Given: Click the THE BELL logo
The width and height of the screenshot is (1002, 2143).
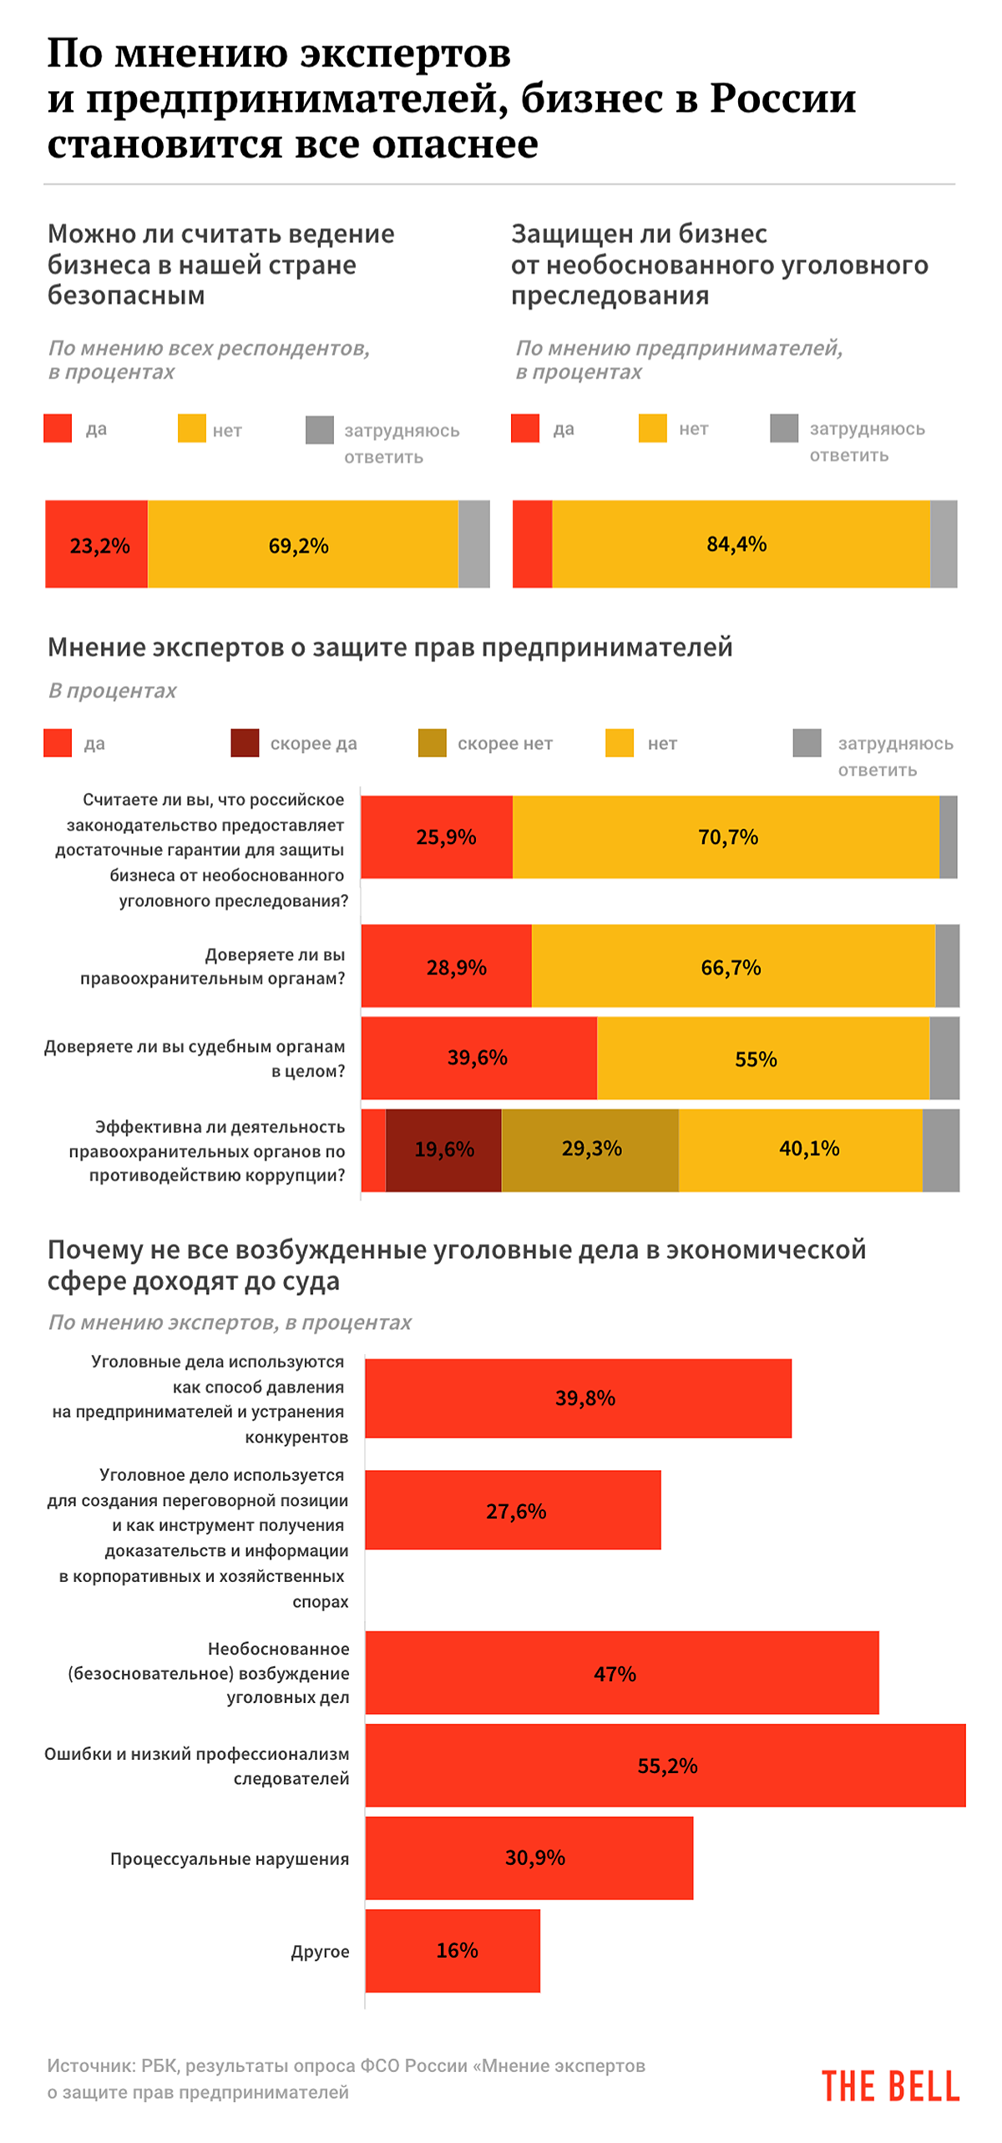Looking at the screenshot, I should tap(890, 2086).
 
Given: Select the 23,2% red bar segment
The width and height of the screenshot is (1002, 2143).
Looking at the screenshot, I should tap(97, 544).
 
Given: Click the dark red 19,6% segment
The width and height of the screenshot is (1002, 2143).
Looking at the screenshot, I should tap(443, 1150).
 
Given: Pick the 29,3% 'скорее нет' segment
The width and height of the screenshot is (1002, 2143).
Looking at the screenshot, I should tap(590, 1150).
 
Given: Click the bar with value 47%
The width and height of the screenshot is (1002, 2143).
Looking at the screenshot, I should tap(621, 1672).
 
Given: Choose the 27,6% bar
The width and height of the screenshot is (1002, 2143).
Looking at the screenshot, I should tap(513, 1510).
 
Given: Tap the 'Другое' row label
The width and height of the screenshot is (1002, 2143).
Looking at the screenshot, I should tap(320, 1952).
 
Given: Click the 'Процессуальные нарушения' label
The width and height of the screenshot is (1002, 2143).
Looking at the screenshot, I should tap(230, 1859).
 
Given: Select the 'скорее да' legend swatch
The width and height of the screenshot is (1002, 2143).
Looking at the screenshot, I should tap(245, 743).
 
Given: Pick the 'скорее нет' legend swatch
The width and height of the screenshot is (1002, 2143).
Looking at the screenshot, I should tap(432, 743).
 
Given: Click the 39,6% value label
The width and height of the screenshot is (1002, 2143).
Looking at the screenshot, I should tap(478, 1058).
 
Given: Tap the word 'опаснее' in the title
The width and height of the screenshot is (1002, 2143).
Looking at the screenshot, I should tap(455, 144).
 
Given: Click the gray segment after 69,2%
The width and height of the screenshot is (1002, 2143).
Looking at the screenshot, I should tap(474, 544).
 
